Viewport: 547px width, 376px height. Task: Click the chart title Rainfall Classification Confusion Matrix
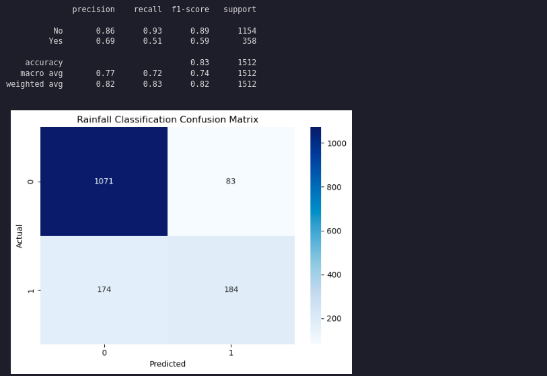168,120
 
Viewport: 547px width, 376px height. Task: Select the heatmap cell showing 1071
104,182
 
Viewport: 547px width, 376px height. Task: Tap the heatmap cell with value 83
231,182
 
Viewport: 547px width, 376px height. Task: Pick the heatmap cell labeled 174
104,290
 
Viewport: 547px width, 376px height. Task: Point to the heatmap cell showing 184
231,290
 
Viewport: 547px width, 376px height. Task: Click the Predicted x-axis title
168,364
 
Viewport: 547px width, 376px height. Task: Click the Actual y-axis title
20,236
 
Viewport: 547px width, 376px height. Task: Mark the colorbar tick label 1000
336,143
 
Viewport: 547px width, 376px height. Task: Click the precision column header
94,10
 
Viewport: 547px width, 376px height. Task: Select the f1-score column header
190,10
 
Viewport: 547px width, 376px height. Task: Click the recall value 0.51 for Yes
152,42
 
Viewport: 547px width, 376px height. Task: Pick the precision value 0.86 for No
106,31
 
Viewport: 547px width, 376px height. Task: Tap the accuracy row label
44,63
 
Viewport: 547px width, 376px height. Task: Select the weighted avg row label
34,84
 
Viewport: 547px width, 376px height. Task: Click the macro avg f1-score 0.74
200,73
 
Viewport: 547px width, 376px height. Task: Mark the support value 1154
247,31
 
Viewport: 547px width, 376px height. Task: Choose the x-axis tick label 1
231,352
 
